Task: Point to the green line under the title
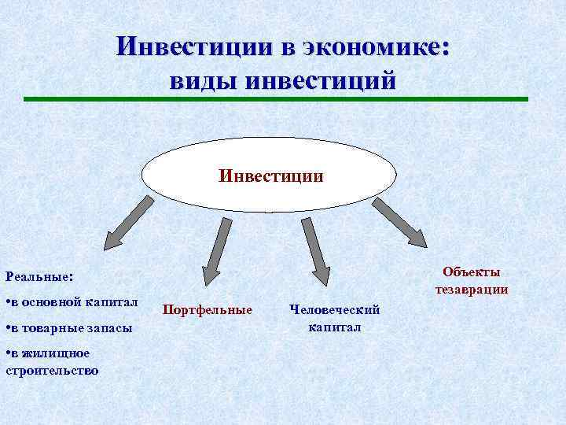[275, 99]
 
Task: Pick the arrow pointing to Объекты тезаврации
[401, 222]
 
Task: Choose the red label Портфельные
[207, 309]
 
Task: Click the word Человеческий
[334, 309]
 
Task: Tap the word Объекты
[471, 272]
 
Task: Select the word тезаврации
[471, 289]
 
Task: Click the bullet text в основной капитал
[75, 301]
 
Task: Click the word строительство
[52, 369]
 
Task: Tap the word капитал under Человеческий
[335, 326]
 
